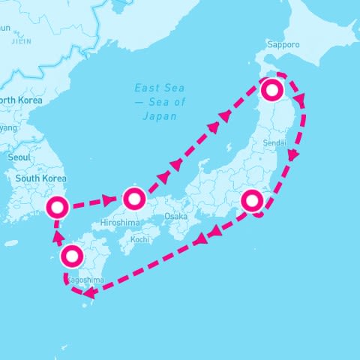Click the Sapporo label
284,45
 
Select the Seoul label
19,157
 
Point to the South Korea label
41,178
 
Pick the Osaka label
175,216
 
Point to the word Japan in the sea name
159,116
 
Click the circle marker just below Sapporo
271,91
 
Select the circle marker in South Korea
58,207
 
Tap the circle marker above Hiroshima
133,199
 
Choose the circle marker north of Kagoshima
72,256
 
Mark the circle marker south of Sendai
253,200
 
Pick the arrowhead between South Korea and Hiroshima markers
108,200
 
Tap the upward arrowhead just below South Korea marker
57,233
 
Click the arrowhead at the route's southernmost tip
88,292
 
